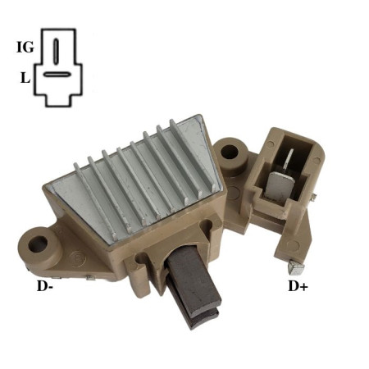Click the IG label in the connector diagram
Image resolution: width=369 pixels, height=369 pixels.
(x=25, y=47)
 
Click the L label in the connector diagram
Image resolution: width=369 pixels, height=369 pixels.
(x=25, y=78)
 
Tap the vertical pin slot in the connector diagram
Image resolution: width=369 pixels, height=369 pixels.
(x=56, y=52)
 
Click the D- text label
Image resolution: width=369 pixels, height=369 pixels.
(x=44, y=286)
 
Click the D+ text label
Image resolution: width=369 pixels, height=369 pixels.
(x=298, y=286)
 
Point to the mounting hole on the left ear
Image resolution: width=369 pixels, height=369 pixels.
(x=38, y=244)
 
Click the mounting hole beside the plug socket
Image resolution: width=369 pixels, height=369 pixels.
(x=230, y=152)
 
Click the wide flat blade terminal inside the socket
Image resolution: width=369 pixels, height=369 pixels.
(x=279, y=184)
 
